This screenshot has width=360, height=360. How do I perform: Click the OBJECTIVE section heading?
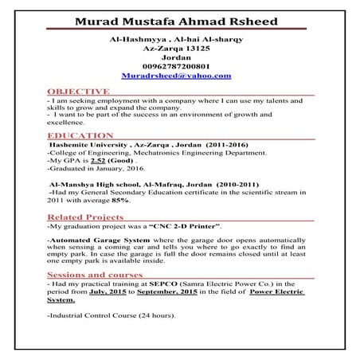78,92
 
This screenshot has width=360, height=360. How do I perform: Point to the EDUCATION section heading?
80,136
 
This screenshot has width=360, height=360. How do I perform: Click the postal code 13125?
199,47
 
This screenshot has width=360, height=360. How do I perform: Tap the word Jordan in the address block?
177,57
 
